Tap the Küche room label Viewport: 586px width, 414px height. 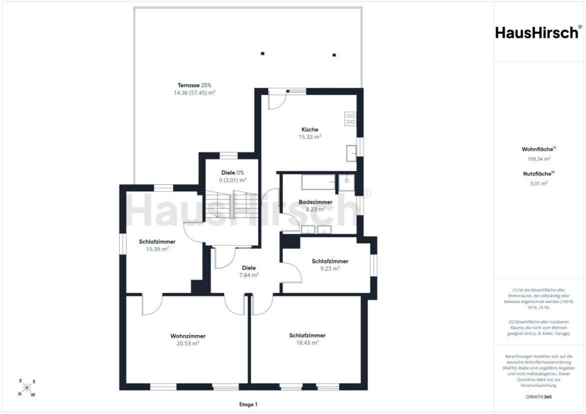[x=310, y=130]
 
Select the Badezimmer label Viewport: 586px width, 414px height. [x=315, y=202]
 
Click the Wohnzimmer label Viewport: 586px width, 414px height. [x=188, y=336]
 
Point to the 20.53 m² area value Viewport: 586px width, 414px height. [x=188, y=343]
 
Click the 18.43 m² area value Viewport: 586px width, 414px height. [x=307, y=342]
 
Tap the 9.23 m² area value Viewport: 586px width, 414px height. [x=330, y=268]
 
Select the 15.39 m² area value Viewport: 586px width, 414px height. [x=157, y=248]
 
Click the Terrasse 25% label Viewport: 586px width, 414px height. [x=194, y=85]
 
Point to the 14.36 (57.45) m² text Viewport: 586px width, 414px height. [x=194, y=93]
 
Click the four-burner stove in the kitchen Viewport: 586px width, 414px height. [x=350, y=119]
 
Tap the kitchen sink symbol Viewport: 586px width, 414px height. [x=351, y=153]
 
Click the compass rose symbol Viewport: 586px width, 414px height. [x=26, y=388]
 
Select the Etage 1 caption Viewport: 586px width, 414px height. [x=248, y=405]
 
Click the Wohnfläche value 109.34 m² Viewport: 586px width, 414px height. [x=539, y=159]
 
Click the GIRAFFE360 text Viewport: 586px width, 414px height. [x=539, y=397]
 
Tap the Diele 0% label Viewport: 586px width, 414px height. [x=233, y=173]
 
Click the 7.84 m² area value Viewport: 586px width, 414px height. [x=249, y=275]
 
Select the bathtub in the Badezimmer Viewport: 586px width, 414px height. [x=318, y=182]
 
